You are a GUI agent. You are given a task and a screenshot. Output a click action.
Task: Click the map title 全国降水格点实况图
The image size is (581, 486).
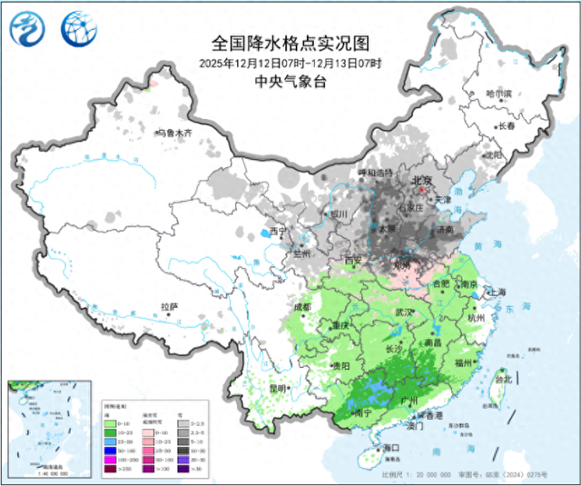pos(290,43)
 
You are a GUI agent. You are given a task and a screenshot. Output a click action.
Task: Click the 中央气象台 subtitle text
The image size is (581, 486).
pos(290,81)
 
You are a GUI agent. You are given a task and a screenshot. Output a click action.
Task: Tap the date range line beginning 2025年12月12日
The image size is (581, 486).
pos(290,63)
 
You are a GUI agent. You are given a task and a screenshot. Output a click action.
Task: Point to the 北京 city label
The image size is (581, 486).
pos(422,180)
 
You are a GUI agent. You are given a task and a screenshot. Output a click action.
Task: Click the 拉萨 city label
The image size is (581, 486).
pos(170,307)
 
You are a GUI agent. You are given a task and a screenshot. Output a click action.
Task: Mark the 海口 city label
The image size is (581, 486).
pos(391,448)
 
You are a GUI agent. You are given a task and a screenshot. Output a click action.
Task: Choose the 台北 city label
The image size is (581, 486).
pos(502,378)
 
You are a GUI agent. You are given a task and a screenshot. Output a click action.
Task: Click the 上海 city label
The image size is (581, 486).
pos(497,292)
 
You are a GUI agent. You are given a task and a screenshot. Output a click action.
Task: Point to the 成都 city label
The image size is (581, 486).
pos(301,307)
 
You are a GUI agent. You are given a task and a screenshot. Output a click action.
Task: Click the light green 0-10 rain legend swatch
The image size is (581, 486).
pos(111,424)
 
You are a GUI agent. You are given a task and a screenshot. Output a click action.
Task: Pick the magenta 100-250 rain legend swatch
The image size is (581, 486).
pos(111,461)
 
